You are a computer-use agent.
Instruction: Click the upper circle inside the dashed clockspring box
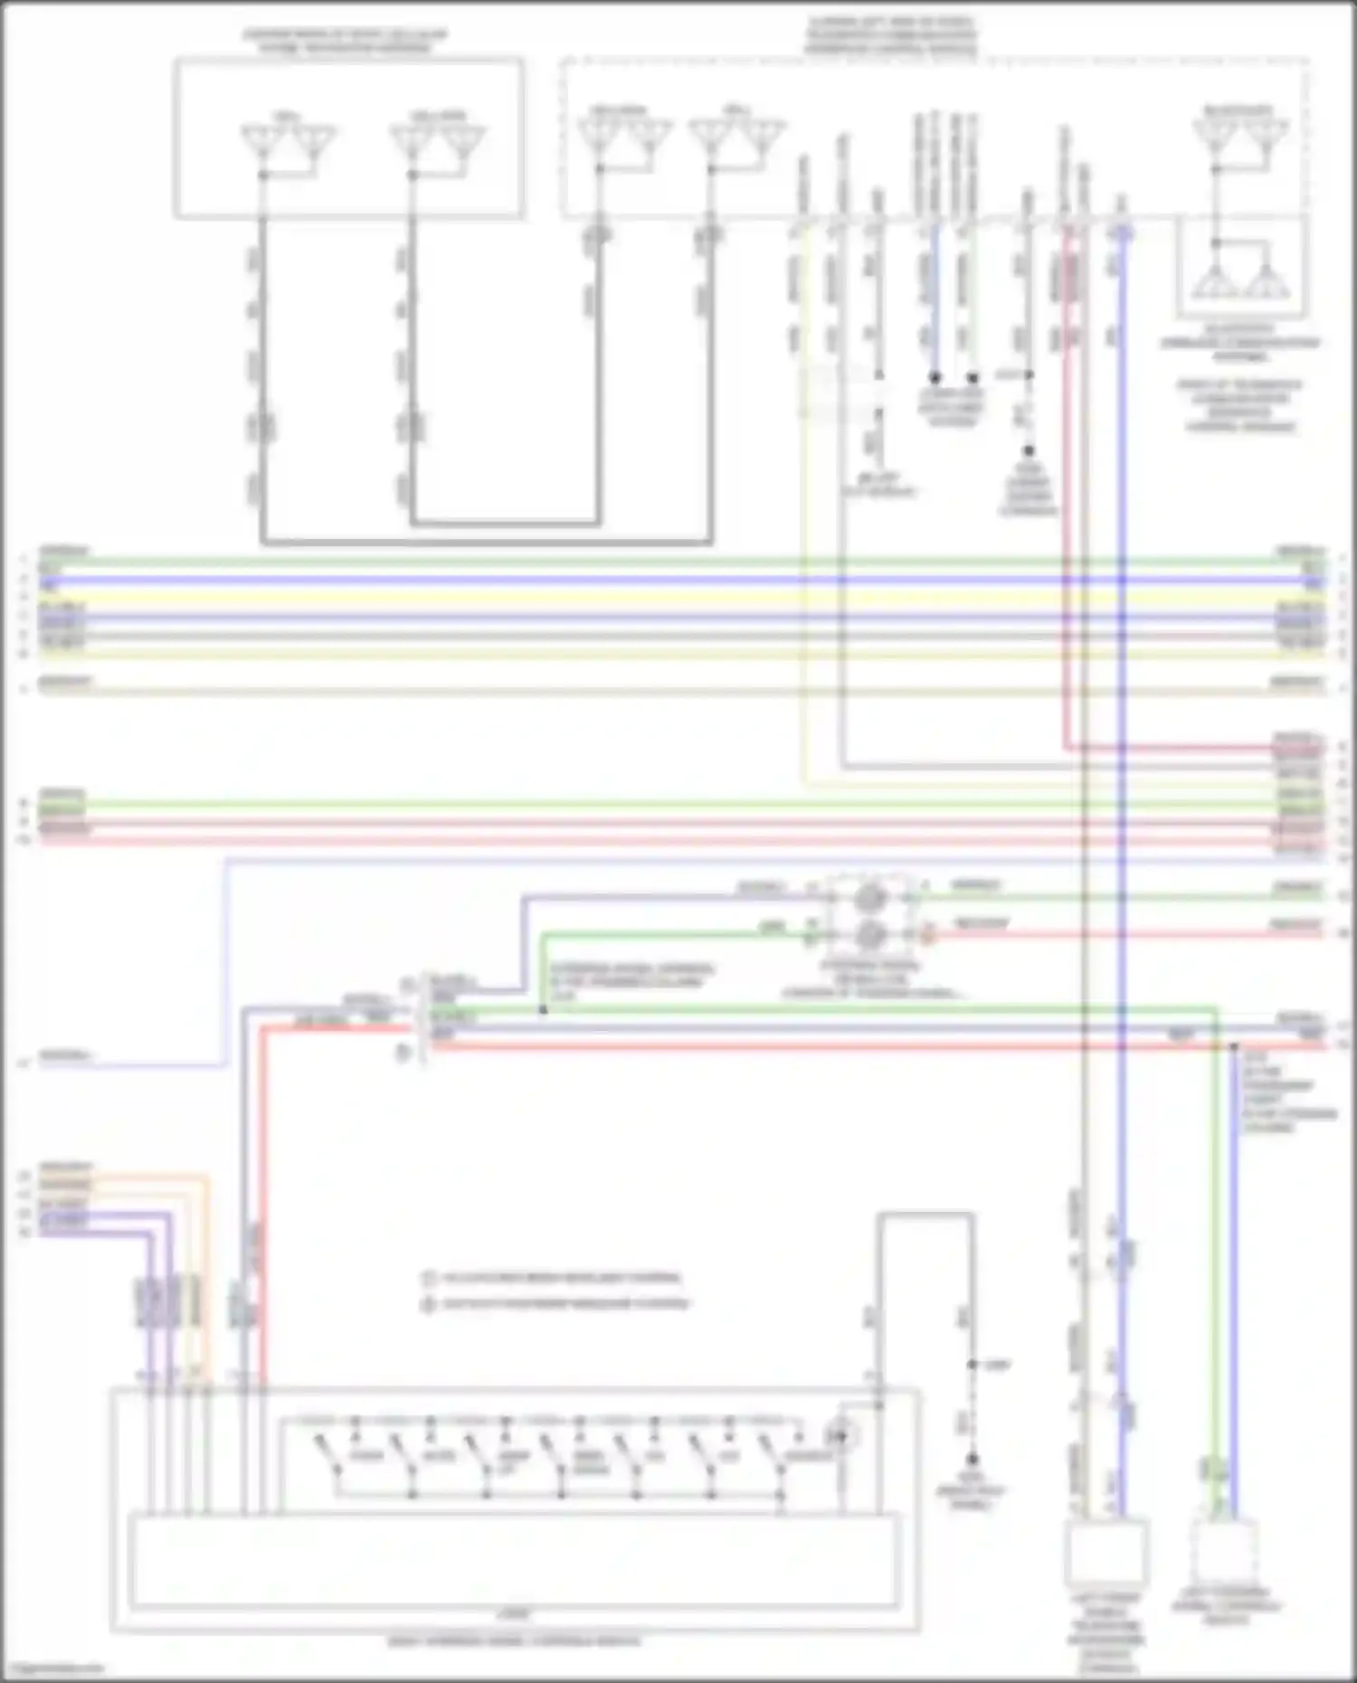click(x=869, y=897)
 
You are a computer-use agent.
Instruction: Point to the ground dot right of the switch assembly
click(x=973, y=1460)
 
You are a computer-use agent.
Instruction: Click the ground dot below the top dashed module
click(x=1029, y=450)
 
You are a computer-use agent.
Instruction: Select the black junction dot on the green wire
click(x=543, y=1009)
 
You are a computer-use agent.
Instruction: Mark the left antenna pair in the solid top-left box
click(x=288, y=143)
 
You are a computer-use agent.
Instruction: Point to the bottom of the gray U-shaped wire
click(x=487, y=543)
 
